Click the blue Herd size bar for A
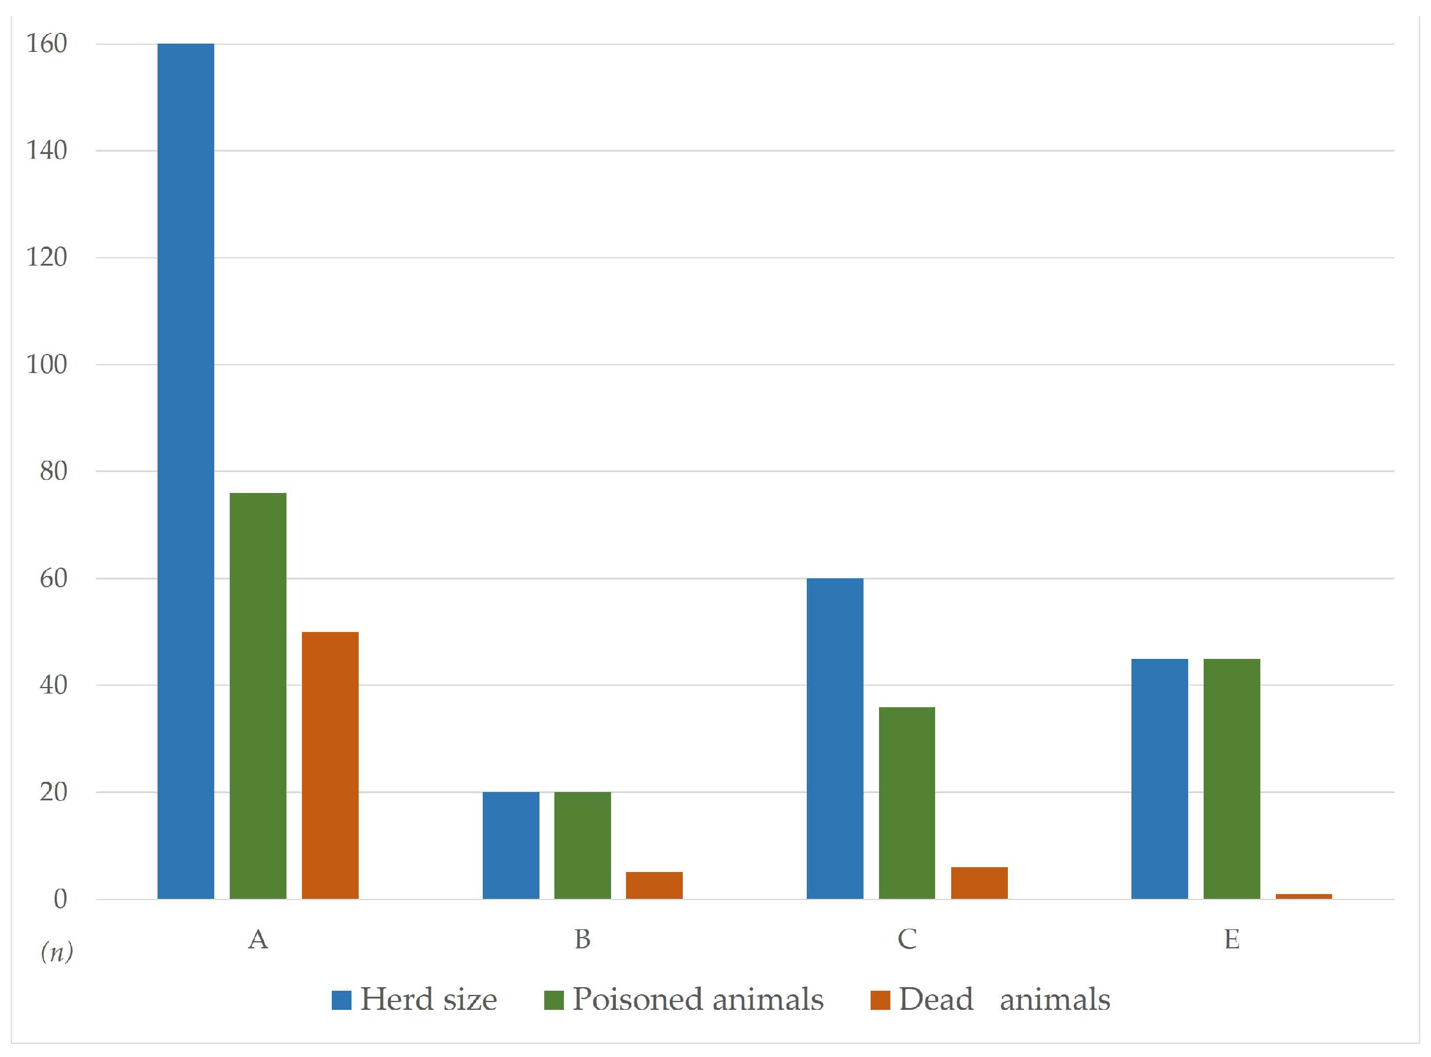coord(186,471)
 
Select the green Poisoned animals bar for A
coord(258,695)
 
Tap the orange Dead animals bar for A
coord(330,765)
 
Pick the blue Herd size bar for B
coord(510,845)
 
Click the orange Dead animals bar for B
coord(654,885)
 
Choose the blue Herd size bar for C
coord(835,738)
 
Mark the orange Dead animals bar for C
coord(979,883)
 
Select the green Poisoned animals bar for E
coord(1232,779)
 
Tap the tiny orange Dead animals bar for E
coord(1304,896)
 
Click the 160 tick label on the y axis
coord(46,44)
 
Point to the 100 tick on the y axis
coord(46,365)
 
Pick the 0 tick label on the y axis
coord(60,899)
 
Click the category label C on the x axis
coord(907,939)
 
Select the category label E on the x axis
coord(1232,939)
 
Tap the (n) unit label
coord(56,952)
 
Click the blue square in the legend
coord(341,1000)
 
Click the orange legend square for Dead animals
coord(880,1000)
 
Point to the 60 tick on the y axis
coord(53,578)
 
